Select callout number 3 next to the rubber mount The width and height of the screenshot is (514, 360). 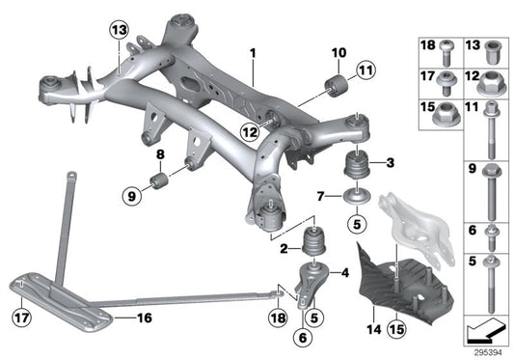(x=388, y=162)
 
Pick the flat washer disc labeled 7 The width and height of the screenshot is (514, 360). (x=353, y=199)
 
